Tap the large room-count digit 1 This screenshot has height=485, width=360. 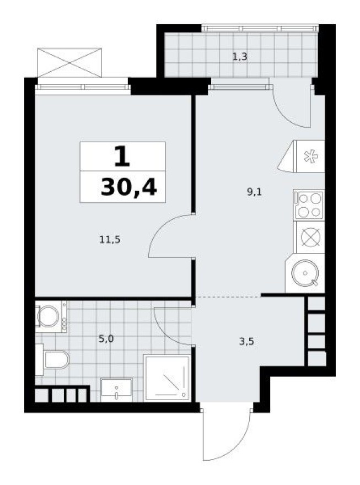click(x=122, y=157)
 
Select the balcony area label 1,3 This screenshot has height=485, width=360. click(x=239, y=56)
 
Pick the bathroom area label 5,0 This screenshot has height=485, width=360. click(x=106, y=338)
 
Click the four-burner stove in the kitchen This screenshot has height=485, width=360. click(x=309, y=204)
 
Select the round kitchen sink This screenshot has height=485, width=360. click(x=304, y=274)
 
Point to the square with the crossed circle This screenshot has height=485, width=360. click(x=309, y=237)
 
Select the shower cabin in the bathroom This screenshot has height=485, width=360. click(x=167, y=378)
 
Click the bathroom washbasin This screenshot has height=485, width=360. click(x=116, y=389)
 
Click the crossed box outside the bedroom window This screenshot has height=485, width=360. click(x=69, y=62)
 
